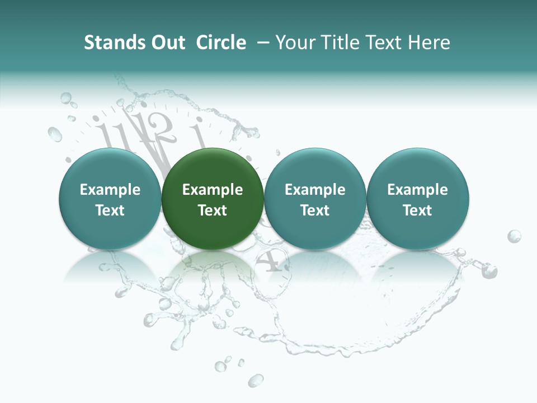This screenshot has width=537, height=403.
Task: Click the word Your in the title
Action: pyautogui.click(x=295, y=43)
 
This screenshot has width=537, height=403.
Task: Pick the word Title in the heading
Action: pyautogui.click(x=338, y=43)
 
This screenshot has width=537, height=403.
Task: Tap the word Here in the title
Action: pyautogui.click(x=430, y=43)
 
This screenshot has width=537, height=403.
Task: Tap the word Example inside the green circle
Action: pyautogui.click(x=213, y=190)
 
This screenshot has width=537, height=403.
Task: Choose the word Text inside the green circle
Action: pyautogui.click(x=213, y=210)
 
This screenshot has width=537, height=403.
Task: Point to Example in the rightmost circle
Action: pyautogui.click(x=418, y=190)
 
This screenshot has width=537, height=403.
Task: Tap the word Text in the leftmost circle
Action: pyautogui.click(x=110, y=210)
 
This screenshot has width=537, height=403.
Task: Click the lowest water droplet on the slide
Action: pyautogui.click(x=256, y=381)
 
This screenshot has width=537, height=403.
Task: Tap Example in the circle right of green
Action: pyautogui.click(x=315, y=190)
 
